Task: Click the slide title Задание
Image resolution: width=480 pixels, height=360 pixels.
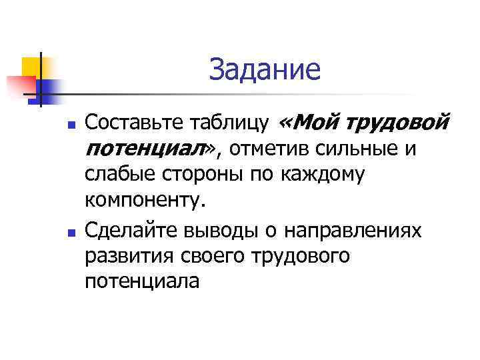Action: click(265, 69)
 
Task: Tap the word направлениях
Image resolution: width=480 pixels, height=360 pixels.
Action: click(353, 231)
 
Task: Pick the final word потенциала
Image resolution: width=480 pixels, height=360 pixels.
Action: click(142, 281)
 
